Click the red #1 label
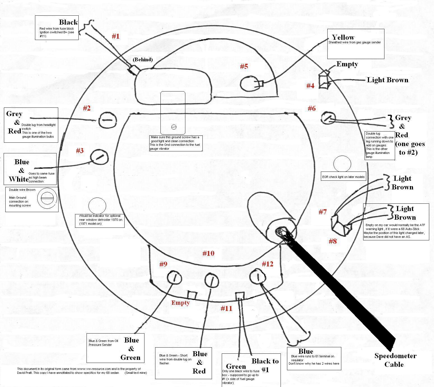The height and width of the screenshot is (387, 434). pos(115,36)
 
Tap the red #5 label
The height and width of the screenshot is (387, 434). pos(244,66)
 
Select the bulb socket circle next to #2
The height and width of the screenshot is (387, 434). pos(107,120)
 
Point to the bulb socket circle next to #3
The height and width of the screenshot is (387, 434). pos(99,157)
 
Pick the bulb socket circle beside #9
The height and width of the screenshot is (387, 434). pos(174,278)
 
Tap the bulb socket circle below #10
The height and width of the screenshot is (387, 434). pos(211,280)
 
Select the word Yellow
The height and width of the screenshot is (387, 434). pos(343,37)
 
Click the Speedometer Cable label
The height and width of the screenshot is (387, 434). pos(395,360)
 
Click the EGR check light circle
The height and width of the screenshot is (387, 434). pos(342,164)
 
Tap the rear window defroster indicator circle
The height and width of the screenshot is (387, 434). pos(97,206)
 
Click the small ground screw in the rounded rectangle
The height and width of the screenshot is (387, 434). pos(174,127)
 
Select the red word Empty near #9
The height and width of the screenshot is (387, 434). pos(181,303)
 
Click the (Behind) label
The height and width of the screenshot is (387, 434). pos(143,59)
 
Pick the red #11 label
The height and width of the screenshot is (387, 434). pos(227,308)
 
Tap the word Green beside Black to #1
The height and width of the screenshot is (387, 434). pos(236,367)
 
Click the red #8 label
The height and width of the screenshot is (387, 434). pos(333,241)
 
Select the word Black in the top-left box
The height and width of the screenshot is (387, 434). pos(68,22)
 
